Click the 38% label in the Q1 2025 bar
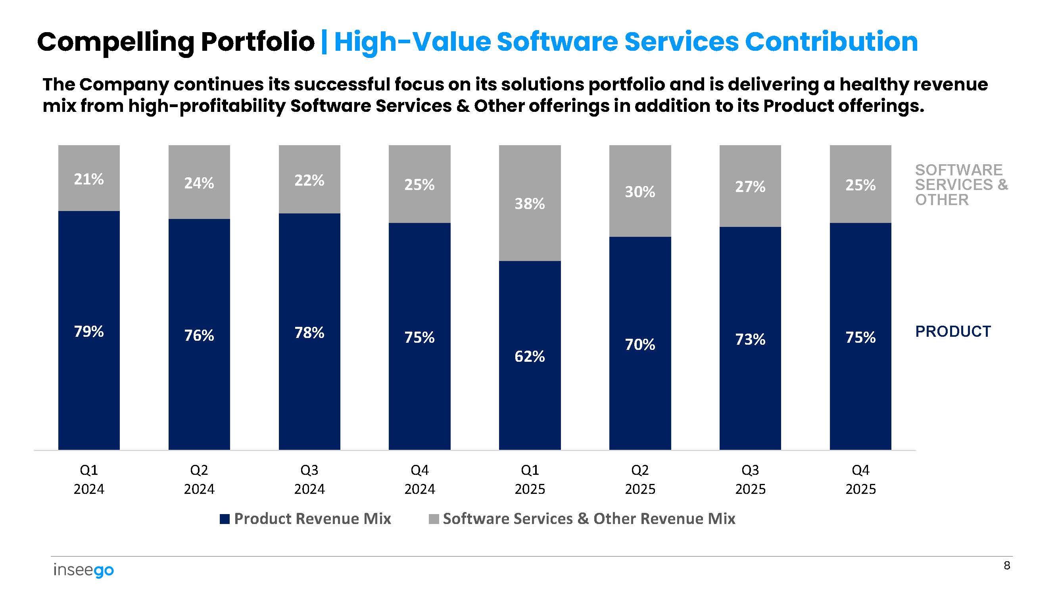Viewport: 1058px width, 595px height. (x=530, y=203)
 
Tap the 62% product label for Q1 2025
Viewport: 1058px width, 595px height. (x=530, y=357)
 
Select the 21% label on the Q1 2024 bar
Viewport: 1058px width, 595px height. (x=89, y=179)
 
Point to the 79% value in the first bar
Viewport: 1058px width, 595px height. (x=89, y=331)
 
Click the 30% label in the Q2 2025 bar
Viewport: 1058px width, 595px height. (x=640, y=192)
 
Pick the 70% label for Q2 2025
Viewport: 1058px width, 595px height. (x=640, y=345)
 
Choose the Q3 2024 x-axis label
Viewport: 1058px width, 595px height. (x=309, y=479)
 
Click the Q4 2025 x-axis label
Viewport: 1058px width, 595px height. (x=860, y=479)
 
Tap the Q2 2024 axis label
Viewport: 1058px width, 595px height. (x=199, y=479)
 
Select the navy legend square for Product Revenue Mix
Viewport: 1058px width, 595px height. (x=225, y=519)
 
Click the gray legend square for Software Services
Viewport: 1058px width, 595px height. (x=433, y=519)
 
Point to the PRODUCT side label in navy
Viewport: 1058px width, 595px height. (x=953, y=331)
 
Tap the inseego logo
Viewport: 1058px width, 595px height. (x=84, y=570)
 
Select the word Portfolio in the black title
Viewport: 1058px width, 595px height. (x=257, y=42)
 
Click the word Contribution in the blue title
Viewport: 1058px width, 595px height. (x=831, y=42)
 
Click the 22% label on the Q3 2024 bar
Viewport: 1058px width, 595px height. (x=309, y=180)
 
